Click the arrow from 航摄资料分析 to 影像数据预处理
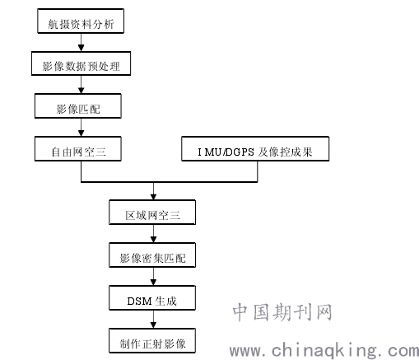click(x=81, y=42)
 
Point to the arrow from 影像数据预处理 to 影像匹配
click(x=81, y=85)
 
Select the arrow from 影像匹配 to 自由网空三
click(x=81, y=127)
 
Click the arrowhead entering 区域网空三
click(x=153, y=197)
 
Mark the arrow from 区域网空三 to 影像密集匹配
click(x=153, y=234)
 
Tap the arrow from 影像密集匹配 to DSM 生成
click(x=153, y=277)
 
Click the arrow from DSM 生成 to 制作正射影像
click(x=153, y=320)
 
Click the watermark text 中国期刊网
click(x=282, y=312)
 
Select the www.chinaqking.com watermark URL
click(x=324, y=351)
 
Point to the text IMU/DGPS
click(x=226, y=152)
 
